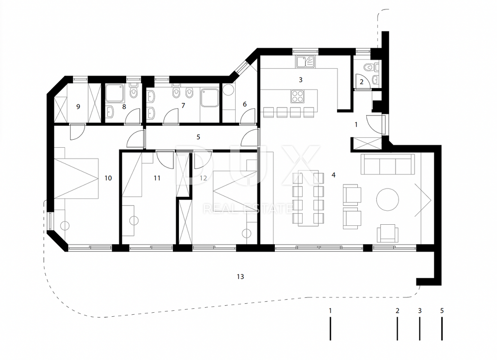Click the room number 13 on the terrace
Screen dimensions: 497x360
pyautogui.click(x=240, y=276)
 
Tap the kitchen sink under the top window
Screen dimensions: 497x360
pyautogui.click(x=306, y=62)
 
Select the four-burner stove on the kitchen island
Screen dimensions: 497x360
pyautogui.click(x=298, y=96)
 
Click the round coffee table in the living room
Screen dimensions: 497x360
pyautogui.click(x=387, y=199)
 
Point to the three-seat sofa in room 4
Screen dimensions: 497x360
pyautogui.click(x=388, y=164)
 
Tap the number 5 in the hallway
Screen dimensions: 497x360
pyautogui.click(x=198, y=137)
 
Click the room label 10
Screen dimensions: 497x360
pyautogui.click(x=108, y=178)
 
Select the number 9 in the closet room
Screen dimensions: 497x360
pyautogui.click(x=79, y=106)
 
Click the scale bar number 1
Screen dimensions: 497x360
pyautogui.click(x=331, y=310)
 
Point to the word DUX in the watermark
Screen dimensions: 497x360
pyautogui.click(x=247, y=165)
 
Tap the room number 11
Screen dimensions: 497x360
pyautogui.click(x=157, y=178)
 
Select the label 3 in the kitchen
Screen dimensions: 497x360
pyautogui.click(x=301, y=80)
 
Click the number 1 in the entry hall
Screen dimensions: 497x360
pyautogui.click(x=356, y=125)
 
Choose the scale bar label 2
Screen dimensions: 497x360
pyautogui.click(x=398, y=310)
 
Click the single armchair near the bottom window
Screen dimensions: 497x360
pyautogui.click(x=387, y=233)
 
